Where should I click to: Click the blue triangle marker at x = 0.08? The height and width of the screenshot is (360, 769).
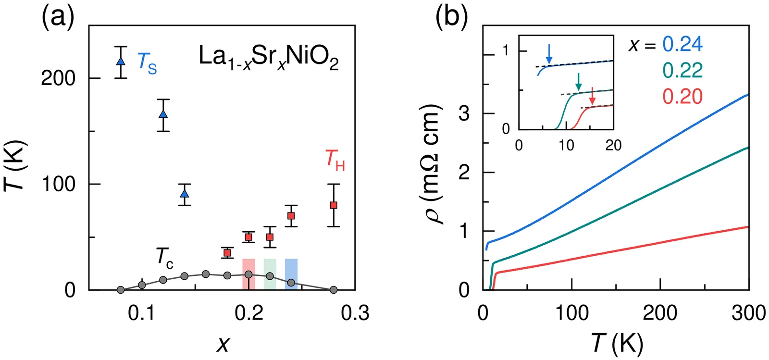pos(121,62)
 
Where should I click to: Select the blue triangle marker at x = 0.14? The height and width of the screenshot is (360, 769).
pos(185,194)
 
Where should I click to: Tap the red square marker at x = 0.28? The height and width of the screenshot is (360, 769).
pos(334,205)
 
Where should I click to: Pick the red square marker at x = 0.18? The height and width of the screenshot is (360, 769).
pos(227,253)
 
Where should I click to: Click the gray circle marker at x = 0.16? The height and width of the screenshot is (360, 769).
pos(206,274)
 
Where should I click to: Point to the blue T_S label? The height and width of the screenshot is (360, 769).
pos(147,63)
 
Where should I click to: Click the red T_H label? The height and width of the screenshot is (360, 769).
pos(335,160)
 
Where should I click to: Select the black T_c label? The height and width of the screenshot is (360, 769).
pos(164,258)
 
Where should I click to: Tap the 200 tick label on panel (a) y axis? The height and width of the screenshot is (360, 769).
pos(58,78)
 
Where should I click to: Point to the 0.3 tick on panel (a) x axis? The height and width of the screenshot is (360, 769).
pos(355,313)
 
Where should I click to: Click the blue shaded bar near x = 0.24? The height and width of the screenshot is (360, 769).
pos(291,273)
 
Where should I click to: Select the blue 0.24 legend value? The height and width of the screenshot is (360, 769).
pos(682,44)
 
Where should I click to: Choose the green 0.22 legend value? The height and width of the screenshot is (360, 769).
pos(682,71)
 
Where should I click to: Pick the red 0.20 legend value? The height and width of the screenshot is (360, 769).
pos(682,97)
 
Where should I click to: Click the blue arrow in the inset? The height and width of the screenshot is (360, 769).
pos(549,53)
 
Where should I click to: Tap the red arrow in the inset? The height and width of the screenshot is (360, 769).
pos(592,96)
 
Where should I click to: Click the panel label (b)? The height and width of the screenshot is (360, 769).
pos(451,18)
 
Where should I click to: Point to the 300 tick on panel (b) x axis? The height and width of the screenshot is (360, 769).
pos(748,313)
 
